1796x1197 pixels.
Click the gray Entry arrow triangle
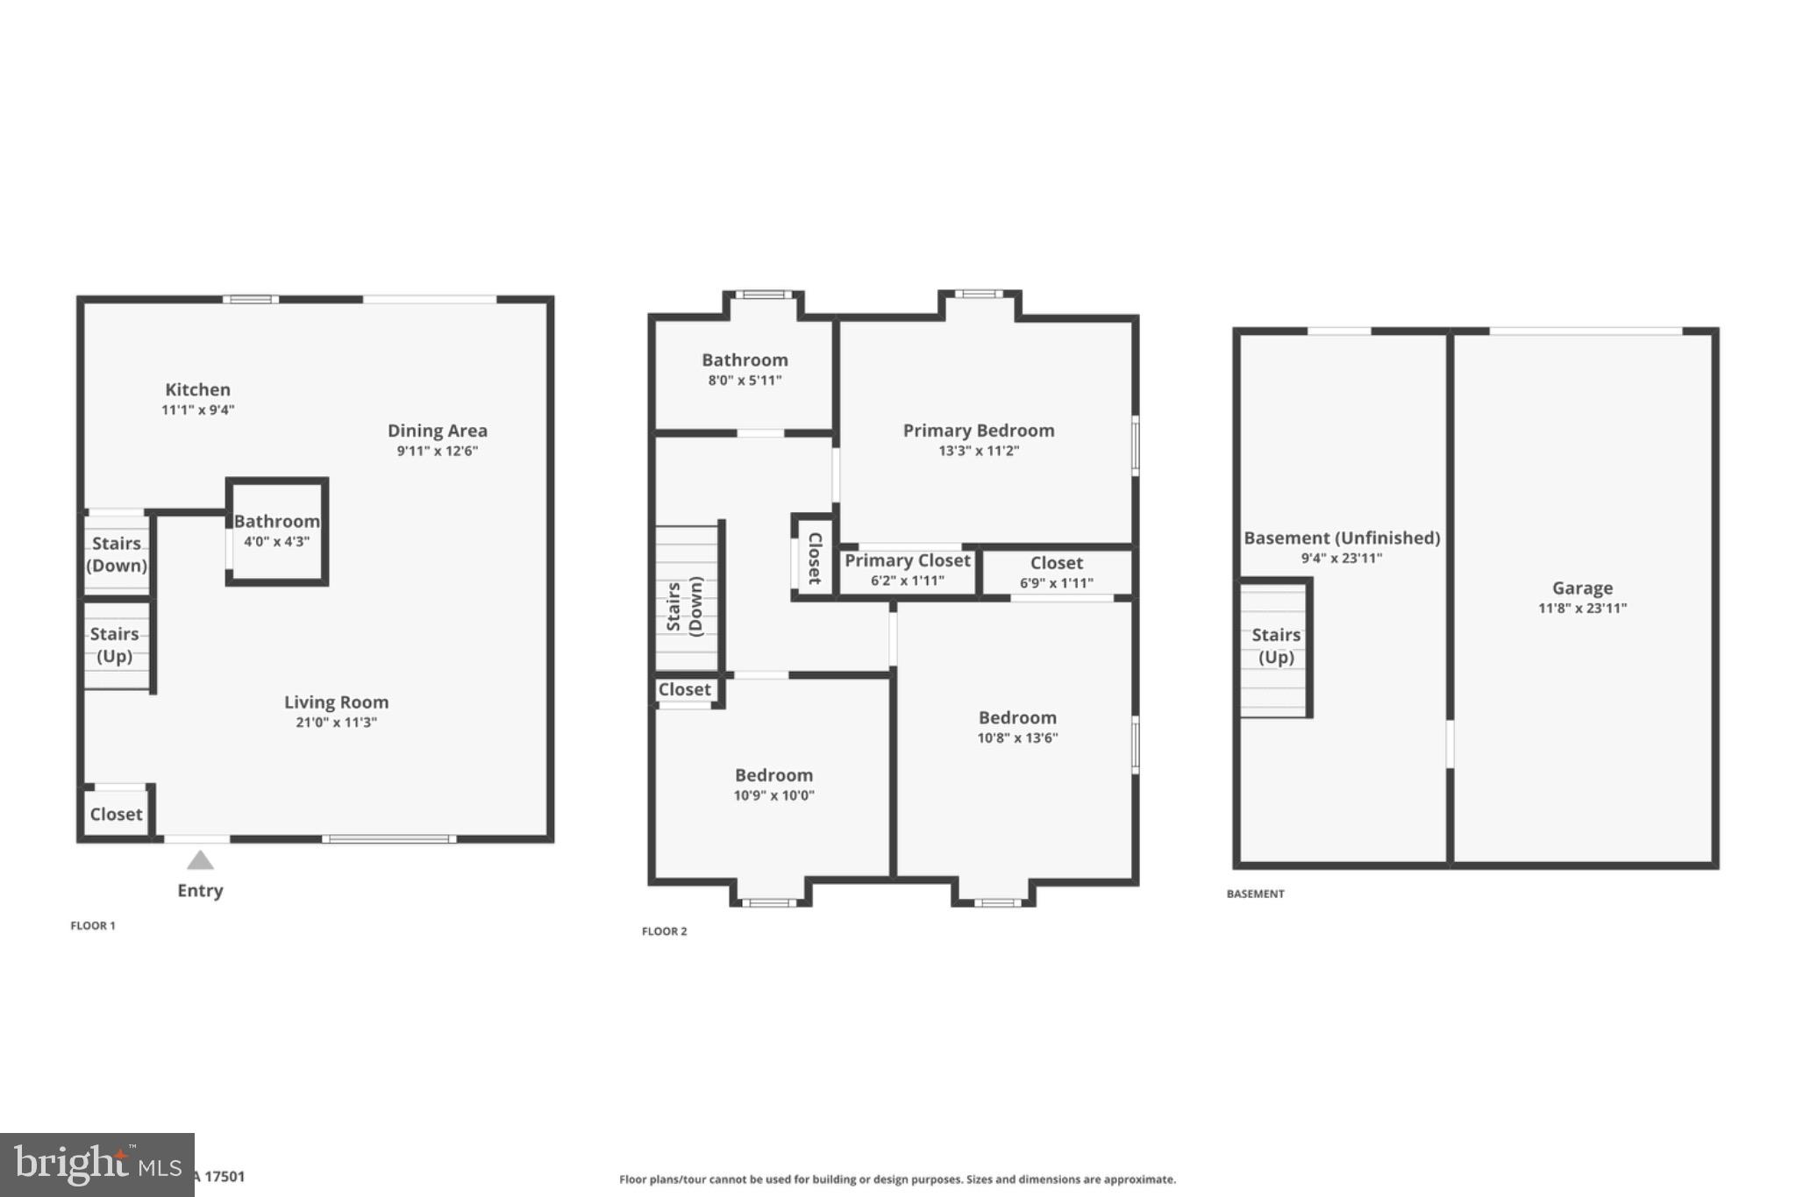[200, 861]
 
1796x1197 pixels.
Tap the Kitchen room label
[198, 390]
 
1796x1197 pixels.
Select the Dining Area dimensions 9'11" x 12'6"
[437, 452]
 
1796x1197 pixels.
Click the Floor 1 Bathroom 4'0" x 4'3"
[276, 531]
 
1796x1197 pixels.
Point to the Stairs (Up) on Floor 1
[114, 645]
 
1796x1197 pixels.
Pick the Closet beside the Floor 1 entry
[116, 815]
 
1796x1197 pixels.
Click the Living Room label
[336, 702]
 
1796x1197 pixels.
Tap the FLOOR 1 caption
[93, 926]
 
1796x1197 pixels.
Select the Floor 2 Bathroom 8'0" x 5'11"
[745, 369]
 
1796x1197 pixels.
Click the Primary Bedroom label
[979, 431]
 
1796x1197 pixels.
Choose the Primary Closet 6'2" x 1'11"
[907, 570]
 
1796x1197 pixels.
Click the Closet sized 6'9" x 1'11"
[1056, 572]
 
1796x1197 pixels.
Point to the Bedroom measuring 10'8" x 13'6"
[1017, 727]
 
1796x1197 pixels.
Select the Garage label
[1582, 588]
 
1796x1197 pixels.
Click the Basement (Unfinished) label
[1342, 538]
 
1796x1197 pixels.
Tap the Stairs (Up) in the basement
[1275, 646]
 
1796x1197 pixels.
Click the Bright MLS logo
[97, 1165]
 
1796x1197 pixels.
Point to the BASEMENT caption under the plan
[1255, 894]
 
